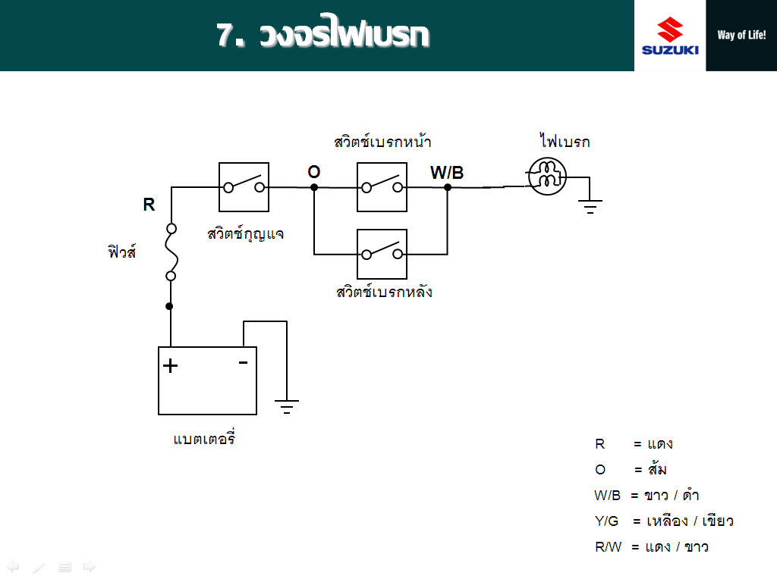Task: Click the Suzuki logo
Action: point(670,36)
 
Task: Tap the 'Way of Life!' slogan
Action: point(741,35)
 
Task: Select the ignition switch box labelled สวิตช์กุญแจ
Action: point(244,187)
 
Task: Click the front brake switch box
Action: point(382,187)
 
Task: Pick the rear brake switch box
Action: point(382,254)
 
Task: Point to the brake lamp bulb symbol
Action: point(547,176)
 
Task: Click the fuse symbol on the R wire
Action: point(171,252)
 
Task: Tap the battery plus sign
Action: point(170,366)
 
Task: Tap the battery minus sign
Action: point(243,363)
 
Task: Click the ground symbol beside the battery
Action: point(286,406)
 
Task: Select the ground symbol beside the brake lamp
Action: point(590,207)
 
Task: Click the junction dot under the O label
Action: point(313,188)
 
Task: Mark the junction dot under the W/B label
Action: point(448,188)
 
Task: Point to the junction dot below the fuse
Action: point(169,306)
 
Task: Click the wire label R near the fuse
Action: point(149,205)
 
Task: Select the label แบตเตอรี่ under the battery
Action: point(204,437)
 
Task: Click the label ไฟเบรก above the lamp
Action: point(565,141)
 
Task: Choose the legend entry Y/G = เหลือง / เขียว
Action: point(664,521)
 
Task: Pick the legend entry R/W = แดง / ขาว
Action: point(652,547)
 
